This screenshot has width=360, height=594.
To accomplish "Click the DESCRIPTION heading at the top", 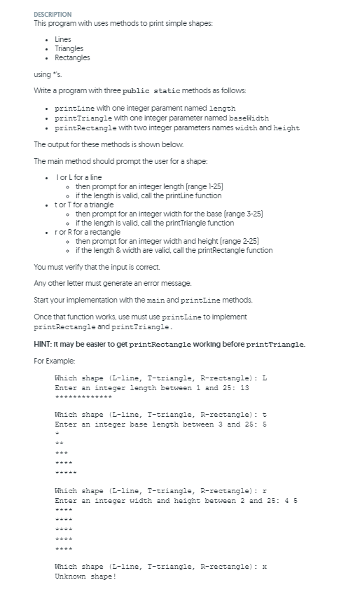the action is (53, 14).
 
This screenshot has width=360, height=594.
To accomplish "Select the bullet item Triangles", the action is (69, 48).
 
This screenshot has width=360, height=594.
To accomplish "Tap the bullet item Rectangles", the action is (72, 57).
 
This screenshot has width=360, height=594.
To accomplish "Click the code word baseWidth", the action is (248, 118).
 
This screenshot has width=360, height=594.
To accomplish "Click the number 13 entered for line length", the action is (244, 387).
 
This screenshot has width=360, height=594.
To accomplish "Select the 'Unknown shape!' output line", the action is (85, 576).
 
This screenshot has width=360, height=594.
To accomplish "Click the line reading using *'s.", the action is (47, 75).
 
